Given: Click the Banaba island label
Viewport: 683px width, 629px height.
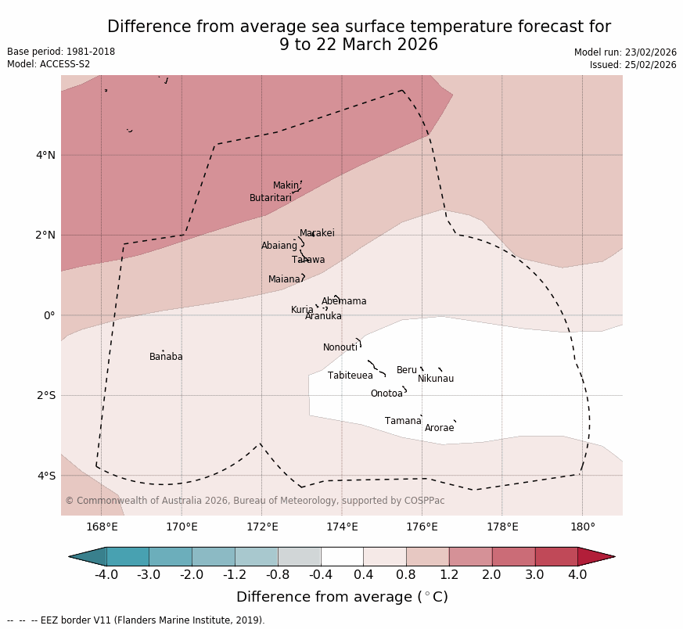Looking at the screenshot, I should point(166,358).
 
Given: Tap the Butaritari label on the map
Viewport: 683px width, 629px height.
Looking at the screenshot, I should point(270,199).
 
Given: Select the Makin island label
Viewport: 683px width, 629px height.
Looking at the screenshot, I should point(286,186).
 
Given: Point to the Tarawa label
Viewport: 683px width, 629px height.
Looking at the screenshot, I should point(308,261).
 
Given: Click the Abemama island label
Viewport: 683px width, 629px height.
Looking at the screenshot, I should point(343,302).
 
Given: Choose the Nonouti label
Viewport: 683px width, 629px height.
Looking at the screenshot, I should point(340,348).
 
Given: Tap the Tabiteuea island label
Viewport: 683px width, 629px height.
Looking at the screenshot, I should point(350,376).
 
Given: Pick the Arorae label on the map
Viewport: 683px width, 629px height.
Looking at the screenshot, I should point(439,429).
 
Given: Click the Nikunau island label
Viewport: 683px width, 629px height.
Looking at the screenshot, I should point(435,379).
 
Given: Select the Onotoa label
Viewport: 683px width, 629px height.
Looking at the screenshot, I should point(386,394).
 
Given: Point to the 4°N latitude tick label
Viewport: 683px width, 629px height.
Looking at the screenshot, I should point(45,155).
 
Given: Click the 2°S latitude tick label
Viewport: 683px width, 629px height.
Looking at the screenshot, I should point(45,396).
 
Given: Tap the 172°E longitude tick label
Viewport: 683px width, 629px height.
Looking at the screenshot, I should point(261,527).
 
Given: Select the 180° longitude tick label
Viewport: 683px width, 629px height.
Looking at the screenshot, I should point(582,527).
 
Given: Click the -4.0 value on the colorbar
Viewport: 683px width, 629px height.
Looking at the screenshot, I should point(106,576).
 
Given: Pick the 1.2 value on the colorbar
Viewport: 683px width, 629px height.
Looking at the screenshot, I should point(449,576).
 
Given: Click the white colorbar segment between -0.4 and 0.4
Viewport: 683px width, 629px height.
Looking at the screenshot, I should point(342,557).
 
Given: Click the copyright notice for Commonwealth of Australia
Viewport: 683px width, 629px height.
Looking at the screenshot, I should point(254,501).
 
